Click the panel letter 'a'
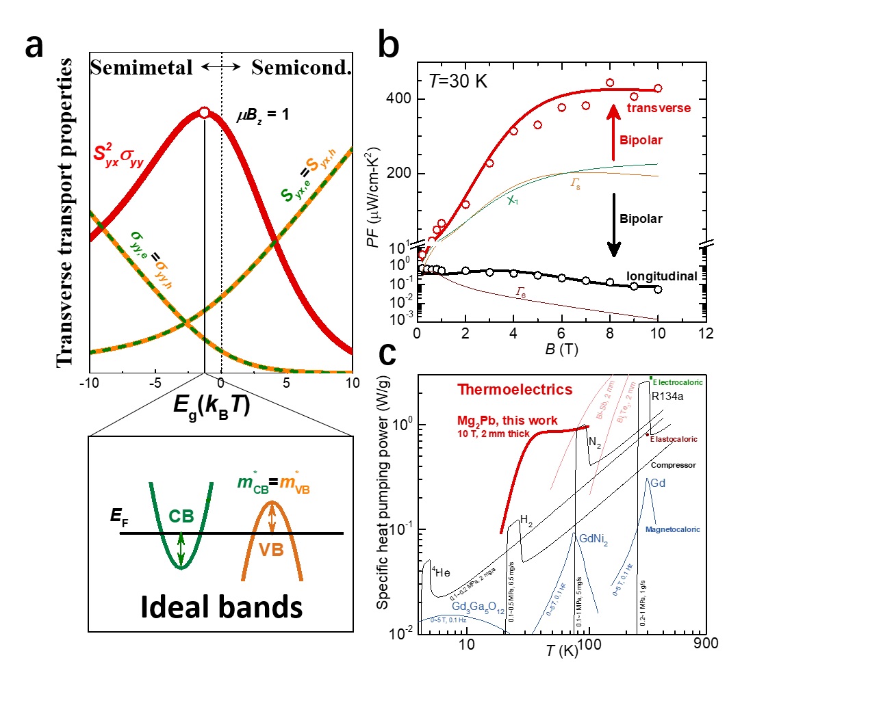click(x=34, y=47)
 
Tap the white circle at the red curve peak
click(x=203, y=113)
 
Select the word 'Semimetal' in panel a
click(x=142, y=68)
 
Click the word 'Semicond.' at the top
click(x=301, y=68)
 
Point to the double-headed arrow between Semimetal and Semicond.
click(x=221, y=66)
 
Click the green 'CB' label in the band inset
click(x=181, y=516)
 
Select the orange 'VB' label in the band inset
click(x=271, y=550)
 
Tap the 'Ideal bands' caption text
click(x=221, y=607)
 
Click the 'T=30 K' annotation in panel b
click(x=458, y=81)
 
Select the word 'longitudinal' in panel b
click(x=661, y=276)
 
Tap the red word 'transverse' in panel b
click(x=659, y=108)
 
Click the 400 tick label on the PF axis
click(x=398, y=98)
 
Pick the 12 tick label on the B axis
click(x=706, y=334)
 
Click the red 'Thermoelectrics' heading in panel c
click(x=515, y=390)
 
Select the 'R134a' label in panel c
click(x=667, y=397)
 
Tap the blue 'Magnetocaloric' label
click(x=672, y=529)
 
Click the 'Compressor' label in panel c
click(x=673, y=465)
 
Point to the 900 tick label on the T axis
click(x=706, y=644)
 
